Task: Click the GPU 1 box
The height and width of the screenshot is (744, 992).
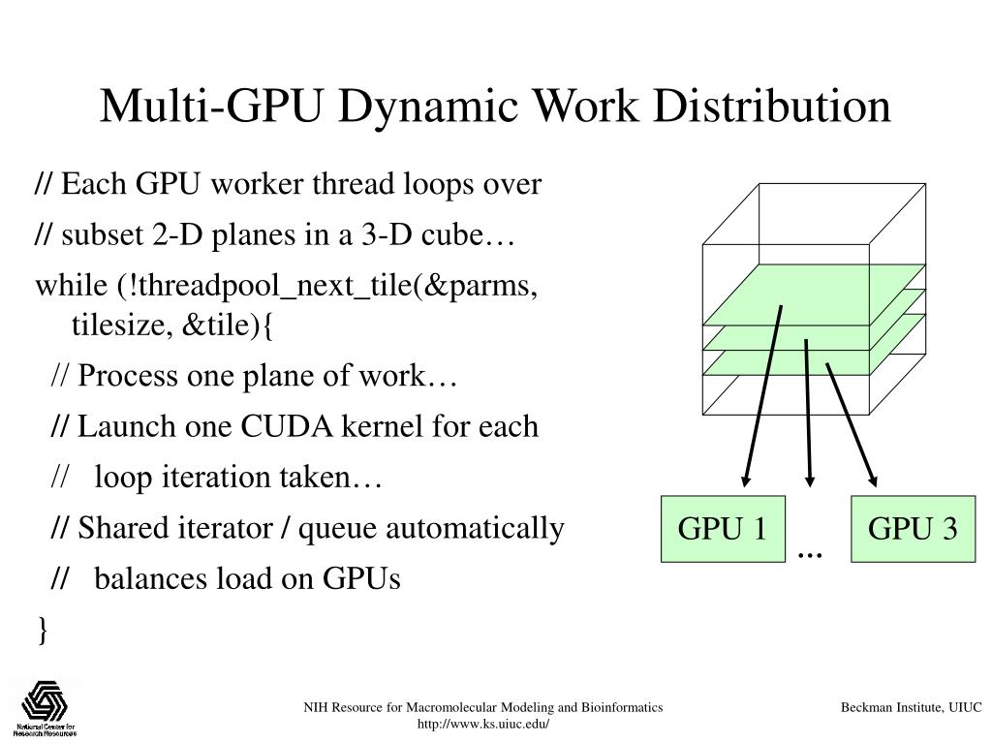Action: (x=723, y=529)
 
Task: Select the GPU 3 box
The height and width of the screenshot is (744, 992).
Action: (x=913, y=529)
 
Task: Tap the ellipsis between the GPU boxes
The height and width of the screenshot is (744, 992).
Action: (x=810, y=555)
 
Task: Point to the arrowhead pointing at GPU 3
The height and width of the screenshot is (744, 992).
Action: (x=873, y=480)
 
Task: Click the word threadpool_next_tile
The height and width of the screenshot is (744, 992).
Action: (x=275, y=286)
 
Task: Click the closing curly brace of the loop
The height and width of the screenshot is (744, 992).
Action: (x=43, y=630)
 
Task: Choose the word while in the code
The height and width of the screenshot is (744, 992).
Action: (x=72, y=286)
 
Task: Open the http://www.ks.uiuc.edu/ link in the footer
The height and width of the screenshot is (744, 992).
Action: (x=483, y=724)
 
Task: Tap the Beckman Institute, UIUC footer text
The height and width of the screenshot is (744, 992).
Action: (x=911, y=707)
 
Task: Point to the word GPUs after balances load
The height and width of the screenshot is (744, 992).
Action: (x=361, y=578)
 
